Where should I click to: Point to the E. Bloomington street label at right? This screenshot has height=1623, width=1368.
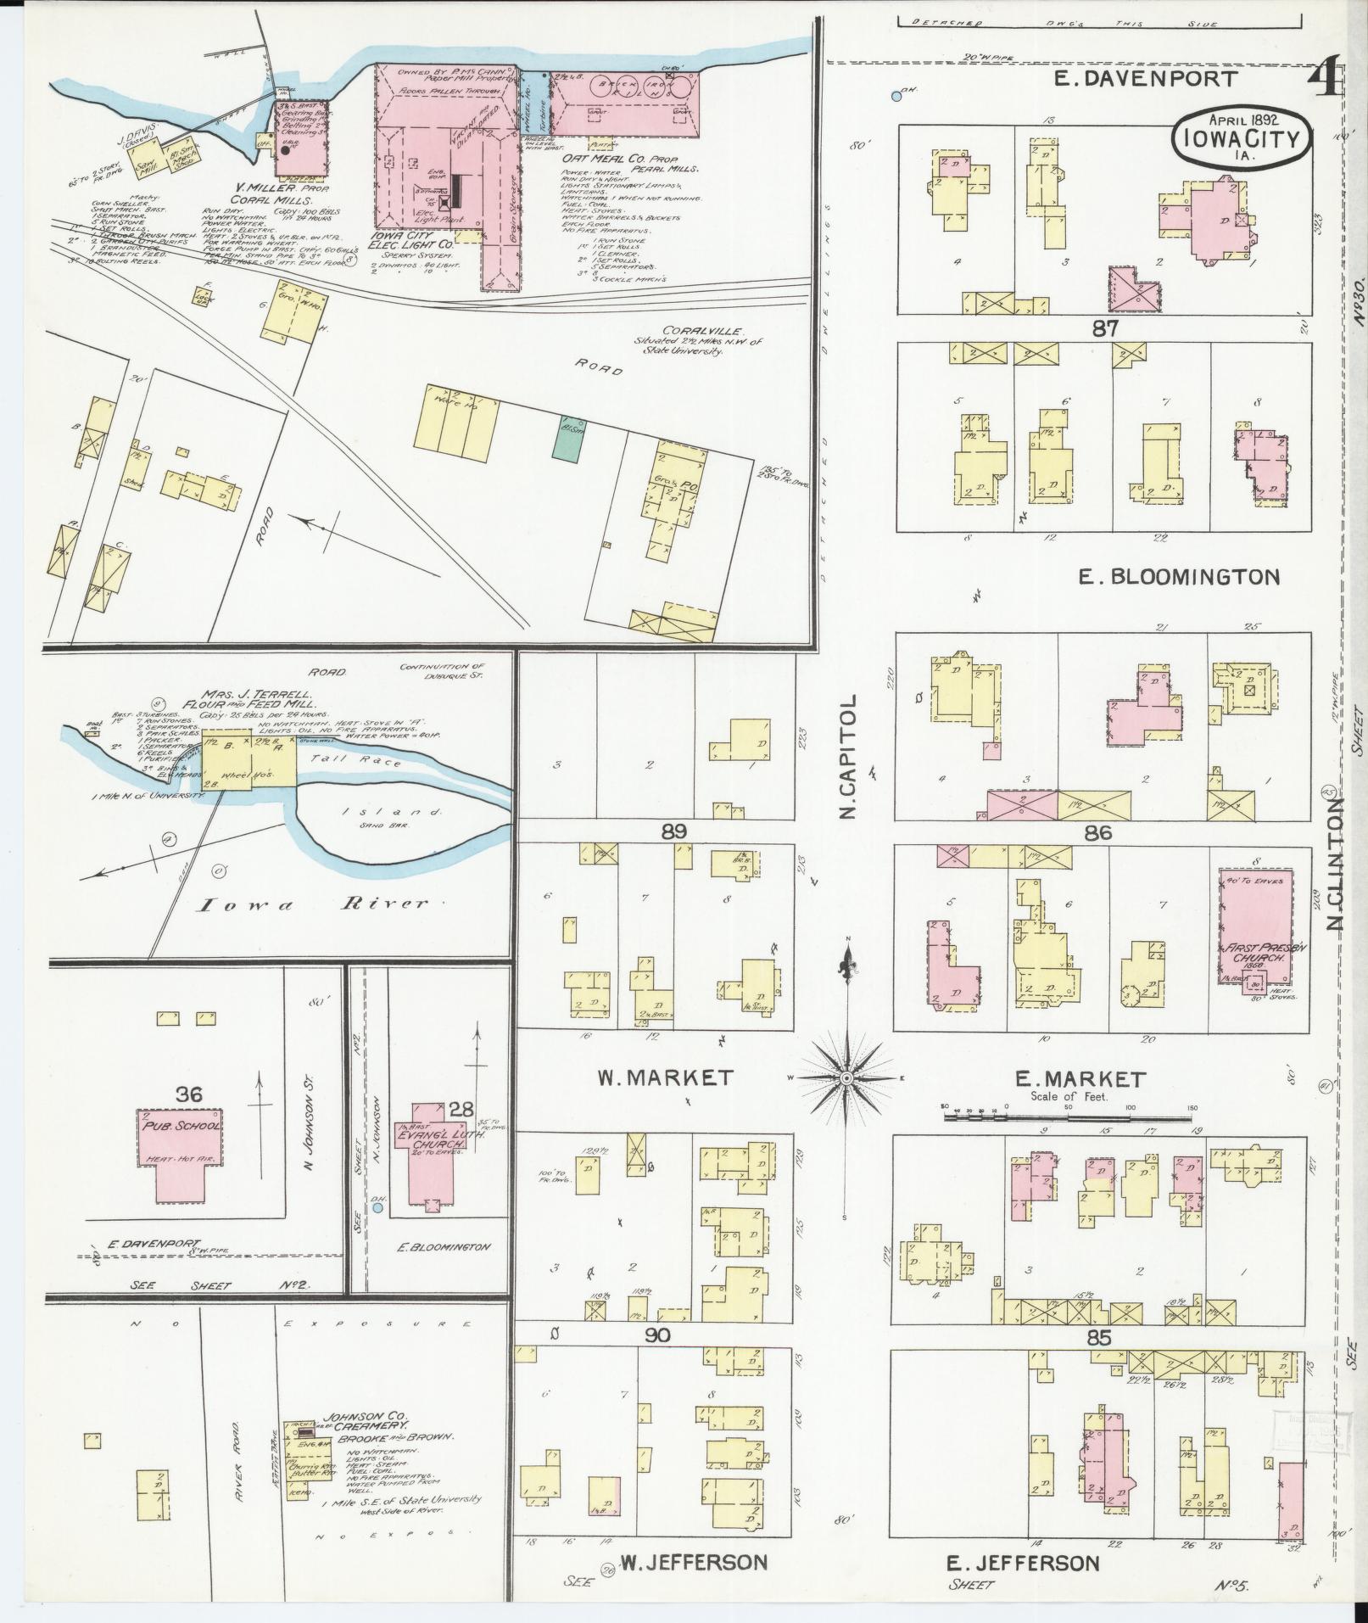(x=1178, y=578)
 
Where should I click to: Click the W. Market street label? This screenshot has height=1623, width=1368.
(x=664, y=1077)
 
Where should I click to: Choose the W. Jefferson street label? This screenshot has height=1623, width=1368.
(x=695, y=1563)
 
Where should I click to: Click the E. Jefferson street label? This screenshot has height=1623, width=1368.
(x=1022, y=1563)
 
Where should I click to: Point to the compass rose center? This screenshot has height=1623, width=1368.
(x=846, y=1077)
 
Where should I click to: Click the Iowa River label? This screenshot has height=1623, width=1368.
(x=313, y=904)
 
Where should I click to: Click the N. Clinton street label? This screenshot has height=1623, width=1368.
(x=1336, y=863)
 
